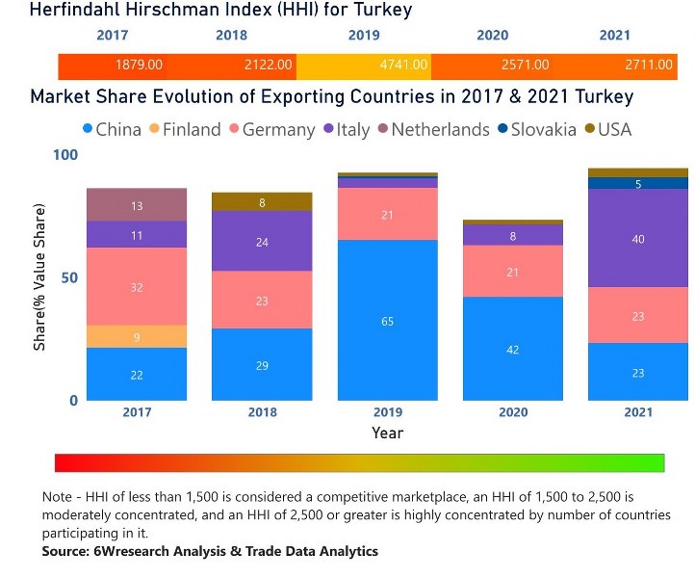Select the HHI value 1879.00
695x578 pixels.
pyautogui.click(x=140, y=65)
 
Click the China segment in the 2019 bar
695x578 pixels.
pyautogui.click(x=387, y=320)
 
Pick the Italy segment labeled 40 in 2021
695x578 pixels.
pyautogui.click(x=638, y=238)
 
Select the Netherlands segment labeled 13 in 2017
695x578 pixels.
pyautogui.click(x=137, y=205)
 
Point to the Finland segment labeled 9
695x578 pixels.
pyautogui.click(x=137, y=336)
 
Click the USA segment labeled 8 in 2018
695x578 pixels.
pyautogui.click(x=262, y=201)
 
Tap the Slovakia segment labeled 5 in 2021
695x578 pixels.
pyautogui.click(x=638, y=183)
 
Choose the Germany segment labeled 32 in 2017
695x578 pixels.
pyautogui.click(x=137, y=286)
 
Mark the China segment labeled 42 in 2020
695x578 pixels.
pyautogui.click(x=512, y=349)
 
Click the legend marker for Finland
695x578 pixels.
pyautogui.click(x=153, y=130)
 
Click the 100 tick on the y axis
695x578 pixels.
pyautogui.click(x=64, y=155)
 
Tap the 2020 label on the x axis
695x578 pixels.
pyautogui.click(x=512, y=412)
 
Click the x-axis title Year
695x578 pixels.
pyautogui.click(x=387, y=433)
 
